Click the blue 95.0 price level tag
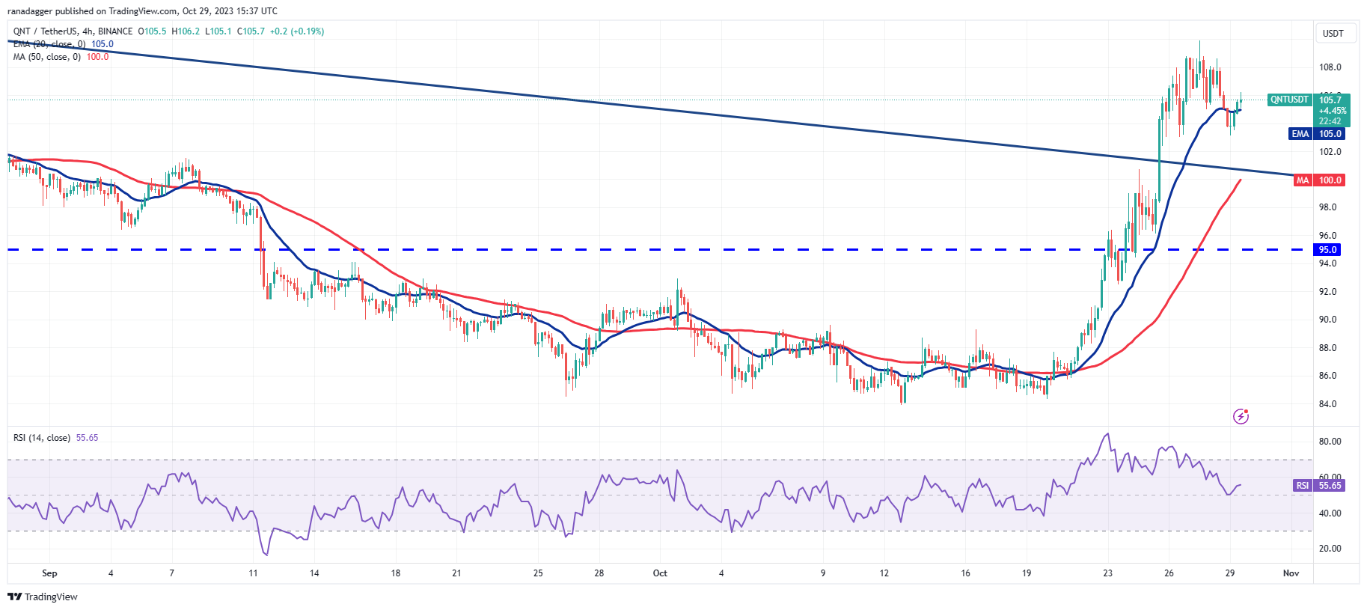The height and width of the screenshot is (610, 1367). pyautogui.click(x=1327, y=250)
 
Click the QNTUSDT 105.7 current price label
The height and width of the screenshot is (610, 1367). pyautogui.click(x=1309, y=100)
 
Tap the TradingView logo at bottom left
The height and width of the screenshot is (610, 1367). pyautogui.click(x=43, y=597)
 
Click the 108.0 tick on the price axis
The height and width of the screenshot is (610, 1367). pyautogui.click(x=1330, y=67)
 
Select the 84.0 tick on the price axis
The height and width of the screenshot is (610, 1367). pyautogui.click(x=1327, y=404)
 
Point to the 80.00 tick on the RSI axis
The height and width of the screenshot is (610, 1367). pyautogui.click(x=1330, y=442)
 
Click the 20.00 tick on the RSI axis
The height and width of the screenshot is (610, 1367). pyautogui.click(x=1330, y=549)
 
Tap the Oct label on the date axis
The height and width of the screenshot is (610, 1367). pyautogui.click(x=660, y=573)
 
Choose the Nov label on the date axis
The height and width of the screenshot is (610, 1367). pyautogui.click(x=1291, y=573)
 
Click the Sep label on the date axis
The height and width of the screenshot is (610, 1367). pyautogui.click(x=49, y=573)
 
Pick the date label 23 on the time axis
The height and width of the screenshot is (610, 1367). pyautogui.click(x=1107, y=573)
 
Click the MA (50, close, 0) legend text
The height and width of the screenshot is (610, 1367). pyautogui.click(x=46, y=57)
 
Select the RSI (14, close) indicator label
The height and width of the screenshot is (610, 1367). pyautogui.click(x=42, y=438)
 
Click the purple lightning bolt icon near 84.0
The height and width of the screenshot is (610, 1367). pyautogui.click(x=1241, y=416)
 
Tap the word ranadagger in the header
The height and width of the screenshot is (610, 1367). pyautogui.click(x=29, y=11)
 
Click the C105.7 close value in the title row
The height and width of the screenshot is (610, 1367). pyautogui.click(x=251, y=31)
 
